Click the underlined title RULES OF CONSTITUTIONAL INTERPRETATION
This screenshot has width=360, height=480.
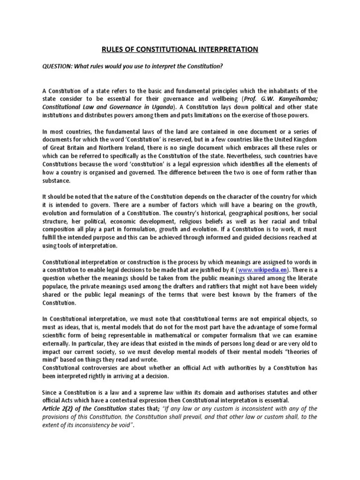[x=180, y=49]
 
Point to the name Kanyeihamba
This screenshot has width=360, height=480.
[x=296, y=99]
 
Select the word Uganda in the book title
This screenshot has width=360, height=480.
[x=160, y=107]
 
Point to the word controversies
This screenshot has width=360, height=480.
[x=103, y=368]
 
